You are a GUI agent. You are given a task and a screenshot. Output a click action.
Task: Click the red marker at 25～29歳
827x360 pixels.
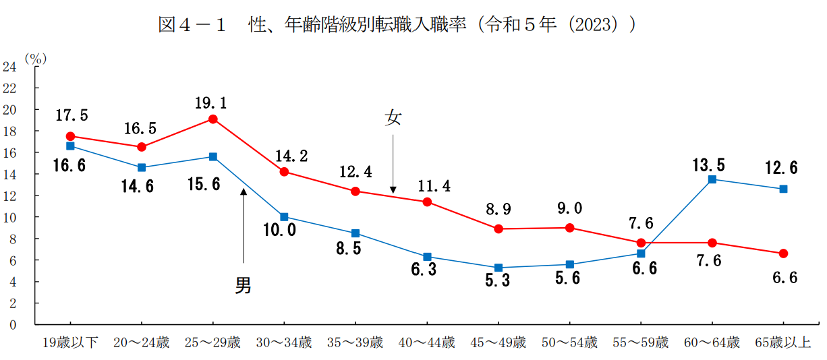[x=213, y=119]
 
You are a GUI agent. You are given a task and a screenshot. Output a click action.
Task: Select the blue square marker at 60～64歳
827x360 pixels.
[x=712, y=179]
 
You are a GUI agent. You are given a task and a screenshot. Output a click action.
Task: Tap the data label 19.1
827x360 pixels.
[x=211, y=103]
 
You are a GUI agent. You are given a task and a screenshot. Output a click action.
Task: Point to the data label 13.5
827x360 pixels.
[x=708, y=165]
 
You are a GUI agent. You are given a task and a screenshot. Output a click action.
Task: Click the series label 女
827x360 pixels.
[x=393, y=119]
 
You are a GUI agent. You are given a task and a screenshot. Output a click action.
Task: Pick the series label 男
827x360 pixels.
[x=243, y=286]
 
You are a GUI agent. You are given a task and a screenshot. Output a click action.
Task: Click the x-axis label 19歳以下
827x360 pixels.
[x=70, y=342]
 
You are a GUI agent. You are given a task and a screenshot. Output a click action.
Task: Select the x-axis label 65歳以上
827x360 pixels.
[x=783, y=342]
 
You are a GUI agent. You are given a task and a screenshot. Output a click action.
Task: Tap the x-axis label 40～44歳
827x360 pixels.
[x=426, y=342]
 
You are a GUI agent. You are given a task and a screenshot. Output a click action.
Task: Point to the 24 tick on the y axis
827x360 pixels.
[x=9, y=67]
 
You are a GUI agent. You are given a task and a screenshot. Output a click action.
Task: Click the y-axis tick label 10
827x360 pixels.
[x=9, y=217]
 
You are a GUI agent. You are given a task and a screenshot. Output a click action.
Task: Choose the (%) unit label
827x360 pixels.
[x=35, y=59]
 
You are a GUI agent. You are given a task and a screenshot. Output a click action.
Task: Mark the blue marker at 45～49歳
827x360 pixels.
[x=498, y=268]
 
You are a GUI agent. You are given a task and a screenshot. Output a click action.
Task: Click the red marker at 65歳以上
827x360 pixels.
[x=783, y=253]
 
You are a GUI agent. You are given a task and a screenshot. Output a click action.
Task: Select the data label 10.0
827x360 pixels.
[x=280, y=231]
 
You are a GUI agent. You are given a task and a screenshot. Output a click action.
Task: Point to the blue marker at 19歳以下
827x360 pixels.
[x=70, y=146]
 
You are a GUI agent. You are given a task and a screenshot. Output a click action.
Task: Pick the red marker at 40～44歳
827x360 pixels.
[x=427, y=202]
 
